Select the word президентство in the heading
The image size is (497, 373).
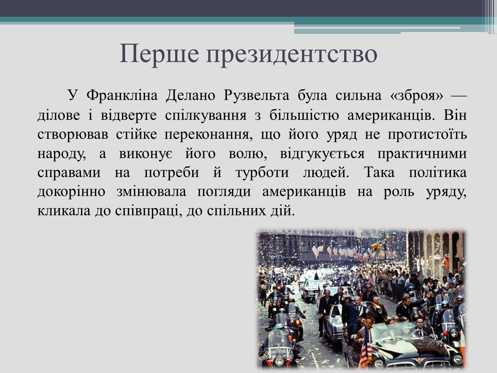click(x=292, y=55)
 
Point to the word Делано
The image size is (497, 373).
click(x=190, y=95)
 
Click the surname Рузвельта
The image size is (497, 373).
click(x=256, y=95)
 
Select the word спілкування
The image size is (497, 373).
click(x=206, y=115)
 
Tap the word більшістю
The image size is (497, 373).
click(x=304, y=115)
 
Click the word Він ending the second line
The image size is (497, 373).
click(x=455, y=115)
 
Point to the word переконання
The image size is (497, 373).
click(x=208, y=134)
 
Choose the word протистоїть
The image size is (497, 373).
click(x=427, y=134)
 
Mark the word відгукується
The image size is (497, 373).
click(x=322, y=154)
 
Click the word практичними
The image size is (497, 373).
click(x=422, y=154)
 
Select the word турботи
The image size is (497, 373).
click(x=262, y=172)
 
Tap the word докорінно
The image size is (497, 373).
click(x=71, y=192)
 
